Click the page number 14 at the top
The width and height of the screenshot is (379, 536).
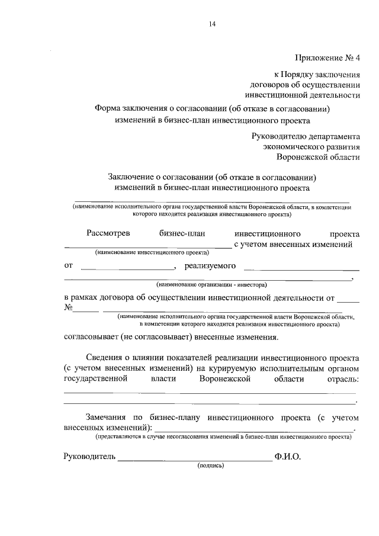tap(212, 24)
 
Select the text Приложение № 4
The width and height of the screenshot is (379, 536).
tap(327, 57)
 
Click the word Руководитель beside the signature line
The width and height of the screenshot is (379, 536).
tap(90, 457)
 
